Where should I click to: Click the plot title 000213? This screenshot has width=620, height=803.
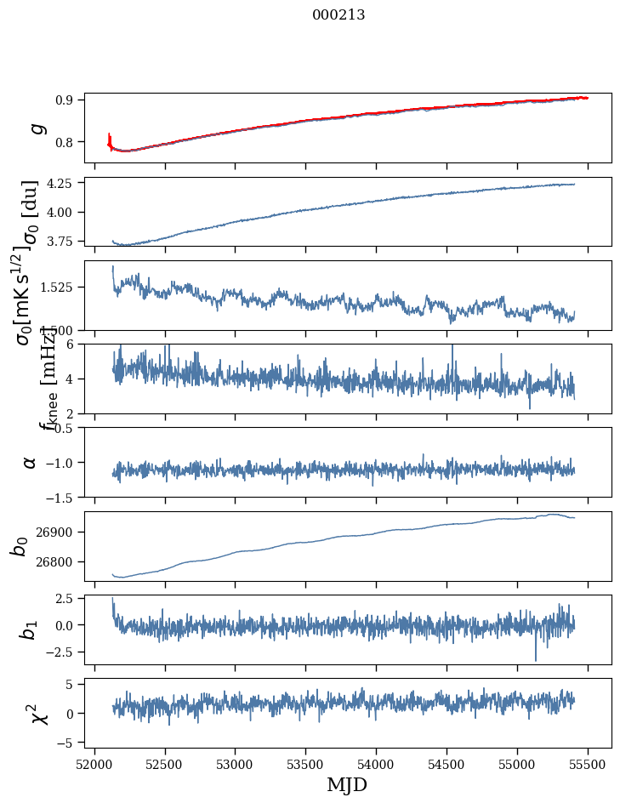(338, 14)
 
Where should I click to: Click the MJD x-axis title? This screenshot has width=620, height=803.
(347, 784)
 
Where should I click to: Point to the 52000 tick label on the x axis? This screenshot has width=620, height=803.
(94, 763)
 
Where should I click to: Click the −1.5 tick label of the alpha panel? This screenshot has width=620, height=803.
(61, 497)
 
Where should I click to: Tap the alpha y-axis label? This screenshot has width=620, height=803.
(30, 462)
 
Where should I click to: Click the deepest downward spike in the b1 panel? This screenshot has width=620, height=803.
(536, 659)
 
